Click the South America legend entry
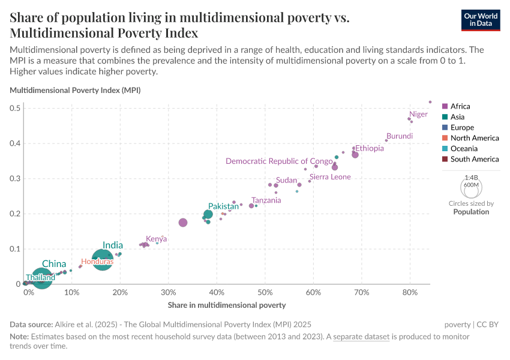(474, 159)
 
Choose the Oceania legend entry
(464, 148)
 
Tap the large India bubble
(103, 260)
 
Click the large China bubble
(41, 278)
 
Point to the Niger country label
(418, 114)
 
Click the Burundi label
(399, 136)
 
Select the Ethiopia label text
(369, 148)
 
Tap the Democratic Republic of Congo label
(279, 161)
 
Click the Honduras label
(97, 262)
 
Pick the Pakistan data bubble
(208, 214)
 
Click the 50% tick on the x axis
(265, 292)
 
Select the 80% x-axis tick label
(410, 292)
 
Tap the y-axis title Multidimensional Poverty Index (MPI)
(75, 90)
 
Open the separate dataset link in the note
(362, 337)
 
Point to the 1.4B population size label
(471, 178)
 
